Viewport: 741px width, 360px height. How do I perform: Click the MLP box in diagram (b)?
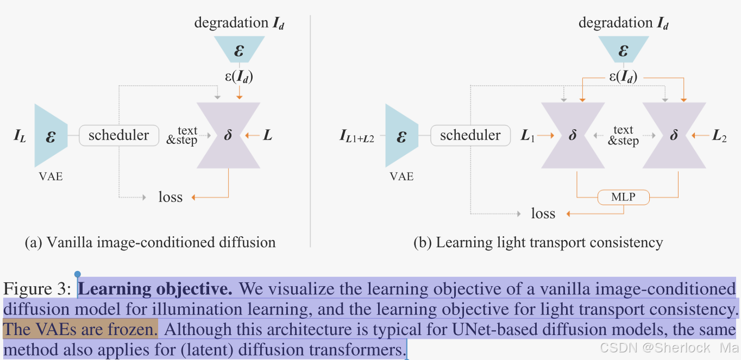tap(623, 197)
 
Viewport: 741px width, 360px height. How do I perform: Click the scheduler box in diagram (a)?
tap(119, 135)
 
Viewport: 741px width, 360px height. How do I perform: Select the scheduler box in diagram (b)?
tap(470, 135)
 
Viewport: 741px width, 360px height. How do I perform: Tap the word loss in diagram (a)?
tap(171, 197)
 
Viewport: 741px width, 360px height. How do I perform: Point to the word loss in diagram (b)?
tap(543, 213)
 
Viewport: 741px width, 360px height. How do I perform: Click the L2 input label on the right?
tap(719, 136)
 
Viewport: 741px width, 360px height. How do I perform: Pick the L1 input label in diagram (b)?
tap(528, 136)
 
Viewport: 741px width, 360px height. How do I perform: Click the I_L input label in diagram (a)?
tap(20, 136)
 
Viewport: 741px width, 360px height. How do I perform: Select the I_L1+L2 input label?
tap(357, 136)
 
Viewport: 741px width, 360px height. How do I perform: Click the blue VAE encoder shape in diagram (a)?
tap(51, 136)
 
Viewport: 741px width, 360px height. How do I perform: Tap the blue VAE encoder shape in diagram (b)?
tap(401, 136)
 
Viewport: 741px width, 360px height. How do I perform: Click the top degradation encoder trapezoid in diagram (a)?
tap(239, 50)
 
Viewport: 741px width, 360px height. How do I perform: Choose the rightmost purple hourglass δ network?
tap(674, 136)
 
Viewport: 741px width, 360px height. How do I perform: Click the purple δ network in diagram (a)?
tap(228, 136)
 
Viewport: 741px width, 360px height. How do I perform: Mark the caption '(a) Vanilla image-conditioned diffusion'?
tap(150, 242)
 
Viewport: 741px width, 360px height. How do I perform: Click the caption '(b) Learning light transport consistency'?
tap(538, 242)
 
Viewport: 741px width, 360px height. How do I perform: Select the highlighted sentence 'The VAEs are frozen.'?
tap(80, 330)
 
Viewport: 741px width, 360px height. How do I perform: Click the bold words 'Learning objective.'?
tap(156, 289)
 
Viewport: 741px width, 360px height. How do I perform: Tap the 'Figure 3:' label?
tap(37, 289)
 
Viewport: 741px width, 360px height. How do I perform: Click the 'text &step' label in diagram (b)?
tap(623, 135)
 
